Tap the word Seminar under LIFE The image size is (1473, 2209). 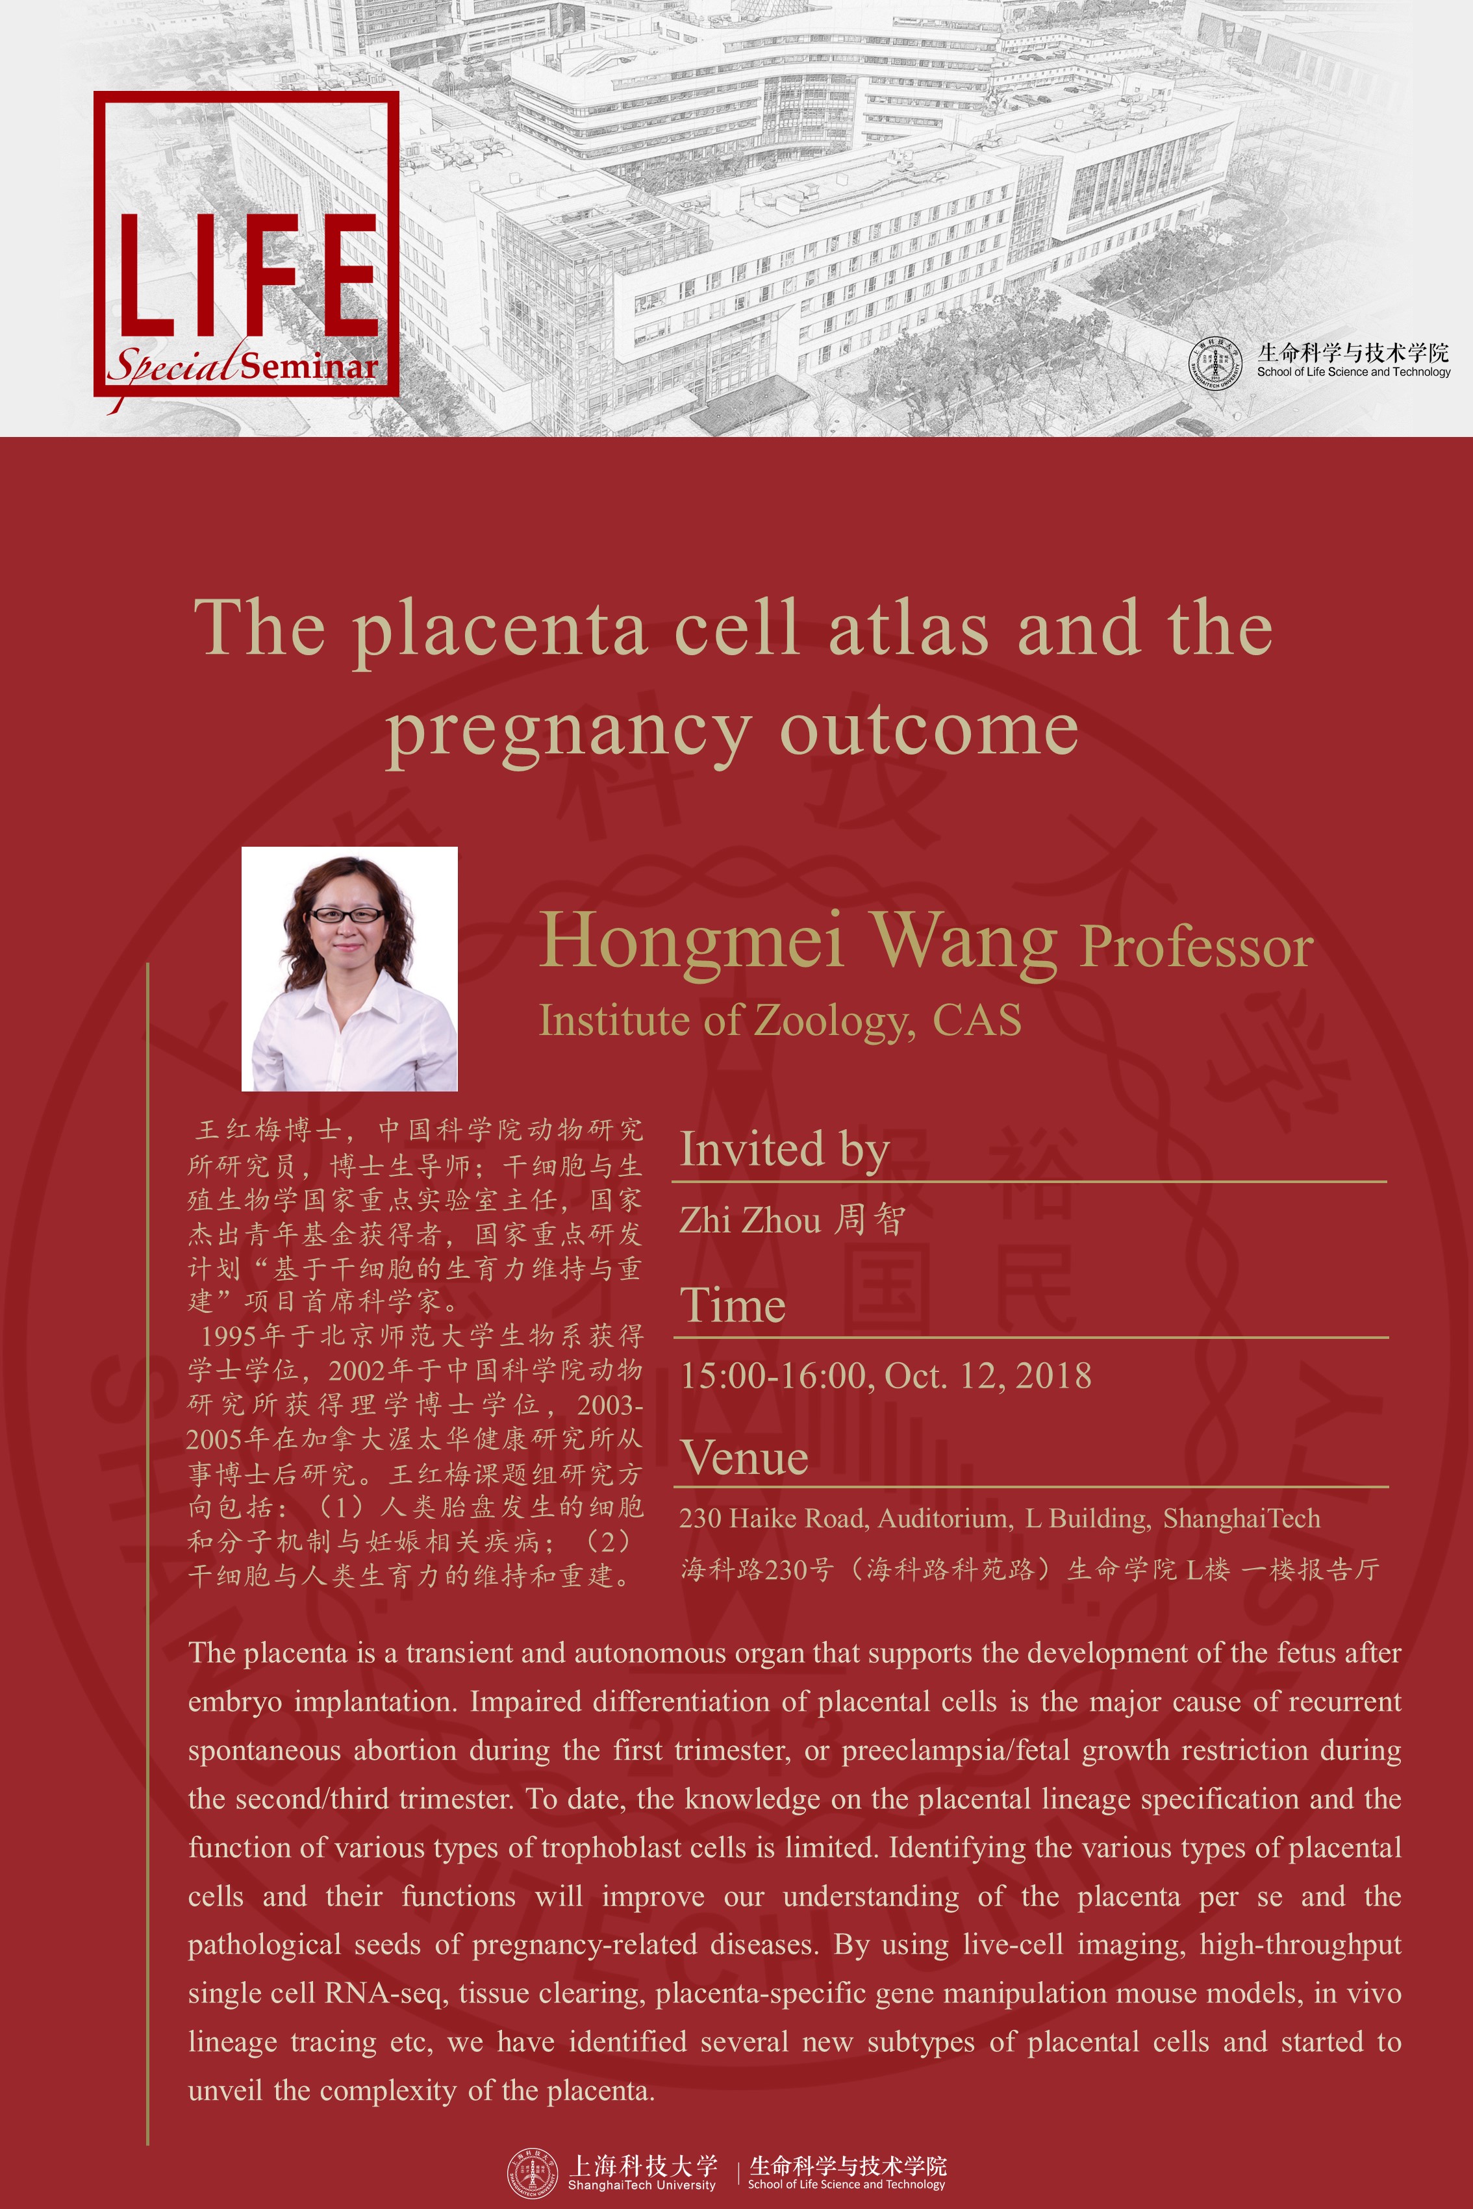click(x=309, y=366)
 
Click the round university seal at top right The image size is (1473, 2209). click(x=1216, y=362)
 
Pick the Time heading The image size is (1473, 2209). click(x=733, y=1306)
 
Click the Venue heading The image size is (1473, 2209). click(x=745, y=1458)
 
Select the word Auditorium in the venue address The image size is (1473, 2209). click(x=943, y=1519)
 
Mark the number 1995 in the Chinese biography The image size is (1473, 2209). click(x=228, y=1336)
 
